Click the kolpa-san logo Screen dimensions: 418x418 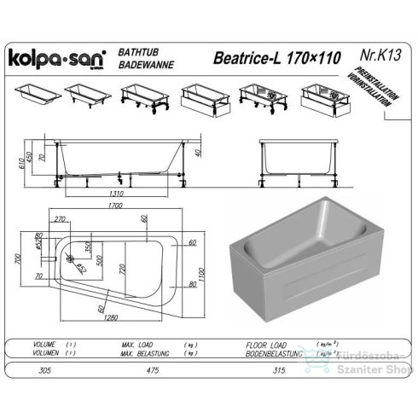point(56,58)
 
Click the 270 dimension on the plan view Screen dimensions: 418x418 point(61,219)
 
